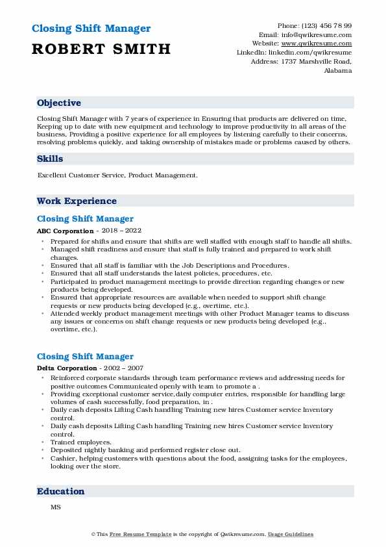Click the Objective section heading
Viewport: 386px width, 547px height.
pos(59,103)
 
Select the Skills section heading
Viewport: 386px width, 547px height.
pos(50,159)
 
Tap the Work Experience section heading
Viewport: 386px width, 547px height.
pos(77,201)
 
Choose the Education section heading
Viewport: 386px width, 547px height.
pos(60,492)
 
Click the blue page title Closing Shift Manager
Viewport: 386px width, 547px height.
pos(91,29)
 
